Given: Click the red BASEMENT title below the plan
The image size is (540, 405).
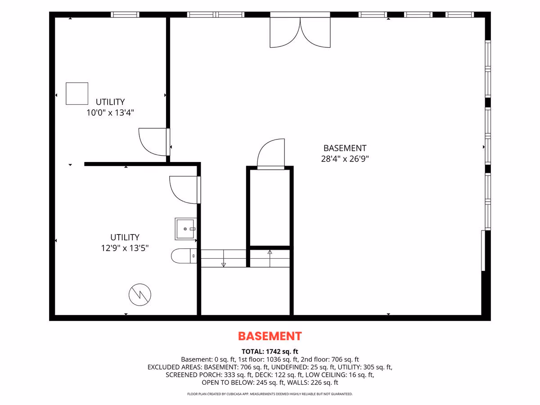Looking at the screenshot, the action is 270,336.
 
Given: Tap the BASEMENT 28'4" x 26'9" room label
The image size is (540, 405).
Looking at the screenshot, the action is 345,153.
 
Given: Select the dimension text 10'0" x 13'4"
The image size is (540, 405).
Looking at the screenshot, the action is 110,112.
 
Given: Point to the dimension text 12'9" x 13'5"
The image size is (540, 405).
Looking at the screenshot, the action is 125,248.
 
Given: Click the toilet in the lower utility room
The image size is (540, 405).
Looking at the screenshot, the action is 184,256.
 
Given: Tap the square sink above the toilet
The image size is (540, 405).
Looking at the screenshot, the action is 186,229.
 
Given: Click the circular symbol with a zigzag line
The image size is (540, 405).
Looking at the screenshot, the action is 140,295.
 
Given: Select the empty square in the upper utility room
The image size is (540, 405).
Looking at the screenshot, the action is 77,94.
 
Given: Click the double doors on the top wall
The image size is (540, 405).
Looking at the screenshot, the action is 300,32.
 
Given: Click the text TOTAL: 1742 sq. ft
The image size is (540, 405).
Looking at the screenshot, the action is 270,351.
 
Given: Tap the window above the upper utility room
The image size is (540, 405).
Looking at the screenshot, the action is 125,14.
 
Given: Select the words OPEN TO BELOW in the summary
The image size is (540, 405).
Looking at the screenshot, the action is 228,382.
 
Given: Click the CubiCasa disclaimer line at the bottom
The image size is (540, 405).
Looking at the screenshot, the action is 270,394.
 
